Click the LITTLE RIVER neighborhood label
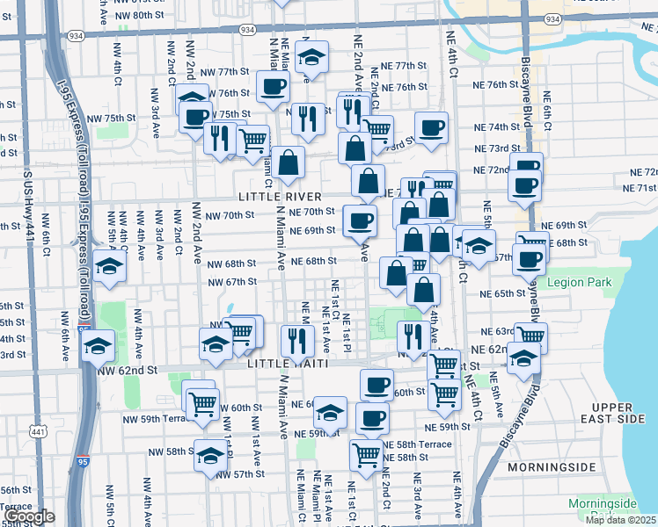(x=280, y=196)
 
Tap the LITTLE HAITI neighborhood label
(x=289, y=364)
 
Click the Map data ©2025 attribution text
(x=620, y=520)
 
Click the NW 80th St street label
(x=139, y=16)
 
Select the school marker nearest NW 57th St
(x=209, y=455)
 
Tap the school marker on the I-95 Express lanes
(x=98, y=344)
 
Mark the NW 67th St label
(x=231, y=282)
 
